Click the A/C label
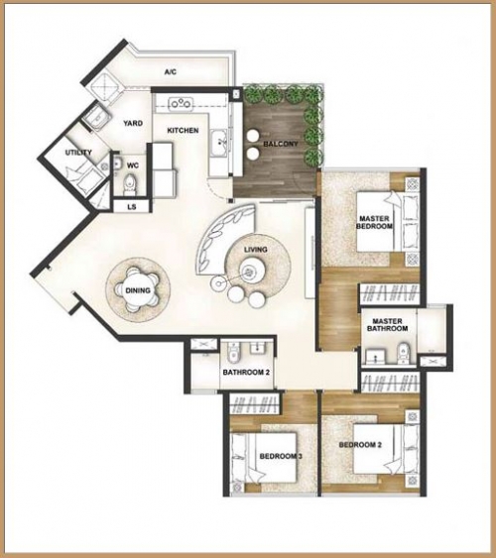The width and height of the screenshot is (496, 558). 170,72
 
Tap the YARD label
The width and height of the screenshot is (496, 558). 133,124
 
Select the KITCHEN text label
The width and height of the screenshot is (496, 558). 183,131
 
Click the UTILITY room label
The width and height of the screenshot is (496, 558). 78,153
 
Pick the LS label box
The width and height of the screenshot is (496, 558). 132,207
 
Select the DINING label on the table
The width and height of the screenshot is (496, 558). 138,290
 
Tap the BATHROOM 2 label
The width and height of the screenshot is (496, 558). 246,373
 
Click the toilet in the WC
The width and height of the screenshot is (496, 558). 131,182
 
